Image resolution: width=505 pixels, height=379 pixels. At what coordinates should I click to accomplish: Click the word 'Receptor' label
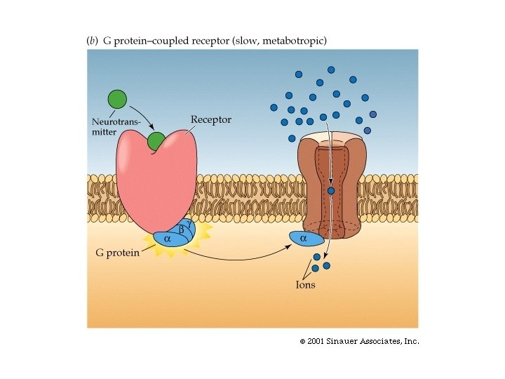coord(210,120)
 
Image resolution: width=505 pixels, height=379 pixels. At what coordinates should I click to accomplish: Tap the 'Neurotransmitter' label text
coord(116,126)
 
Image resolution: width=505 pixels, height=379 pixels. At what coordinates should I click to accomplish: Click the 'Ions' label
coord(305,285)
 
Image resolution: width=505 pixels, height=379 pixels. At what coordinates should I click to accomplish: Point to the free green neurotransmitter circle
coord(117,99)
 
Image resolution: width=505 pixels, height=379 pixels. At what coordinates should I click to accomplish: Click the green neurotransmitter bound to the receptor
coord(156,142)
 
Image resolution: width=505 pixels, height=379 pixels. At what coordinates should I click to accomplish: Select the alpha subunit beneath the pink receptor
coord(168,239)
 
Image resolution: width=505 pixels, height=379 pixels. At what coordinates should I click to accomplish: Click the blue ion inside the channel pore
coord(331,190)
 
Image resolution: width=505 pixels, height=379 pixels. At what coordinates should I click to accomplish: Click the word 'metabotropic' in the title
coord(296,41)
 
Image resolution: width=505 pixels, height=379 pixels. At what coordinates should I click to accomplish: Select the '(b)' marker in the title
coord(91,41)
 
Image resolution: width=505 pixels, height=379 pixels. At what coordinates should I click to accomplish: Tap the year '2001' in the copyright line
coord(314,341)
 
